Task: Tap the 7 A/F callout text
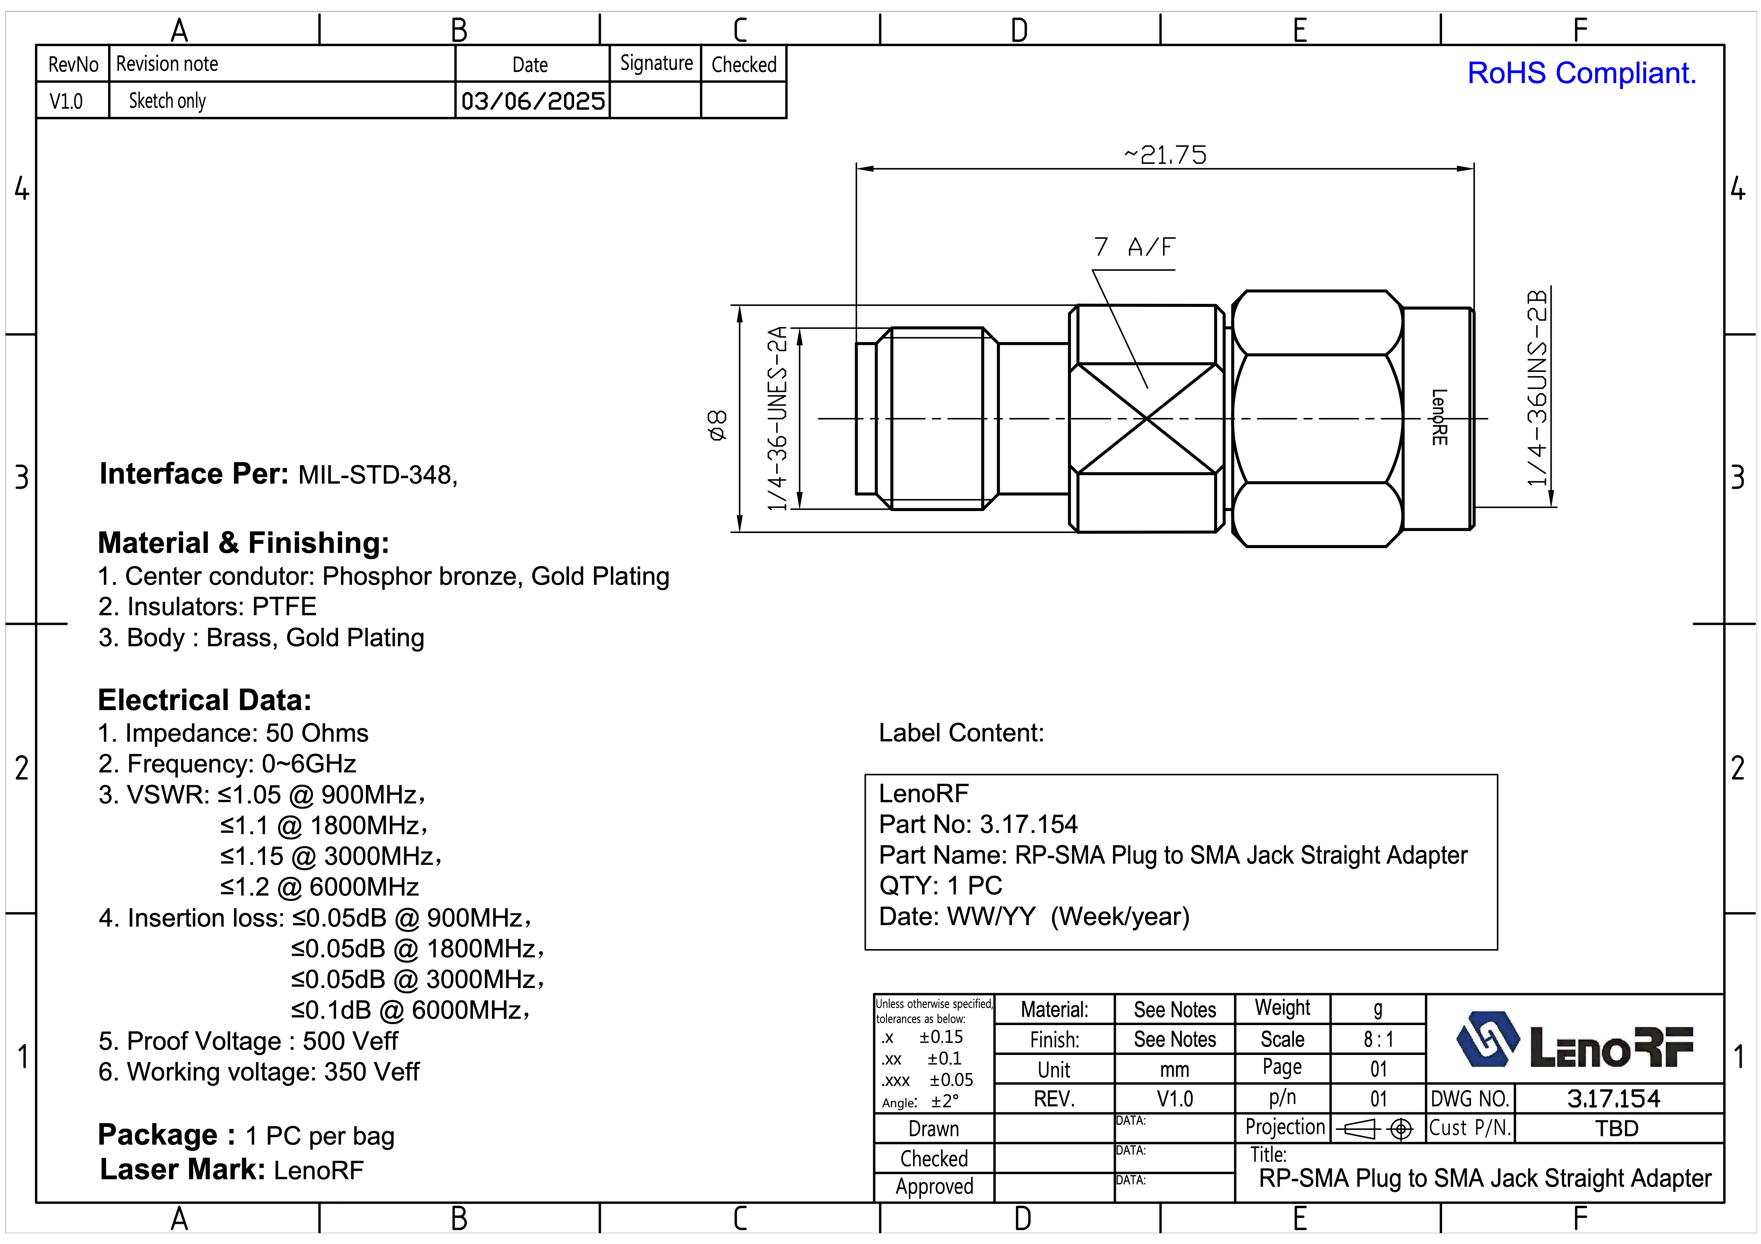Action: pos(1134,247)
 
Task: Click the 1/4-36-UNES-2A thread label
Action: pos(778,418)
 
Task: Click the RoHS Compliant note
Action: pos(1581,73)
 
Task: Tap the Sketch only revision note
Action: pos(167,101)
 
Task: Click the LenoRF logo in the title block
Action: pos(1574,1041)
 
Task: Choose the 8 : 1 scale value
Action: pos(1378,1039)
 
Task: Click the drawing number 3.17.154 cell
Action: pos(1614,1098)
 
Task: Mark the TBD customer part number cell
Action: pos(1617,1128)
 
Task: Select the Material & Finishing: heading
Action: pos(243,543)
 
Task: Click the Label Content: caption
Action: pos(961,733)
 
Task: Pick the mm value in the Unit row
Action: pos(1174,1069)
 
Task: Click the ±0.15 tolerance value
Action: pos(941,1037)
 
